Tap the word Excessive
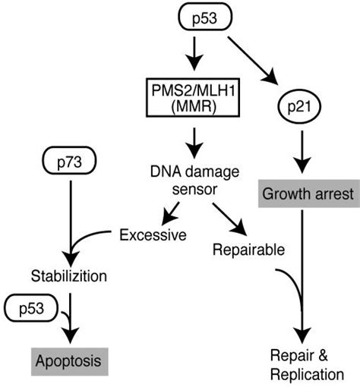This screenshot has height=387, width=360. [153, 235]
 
